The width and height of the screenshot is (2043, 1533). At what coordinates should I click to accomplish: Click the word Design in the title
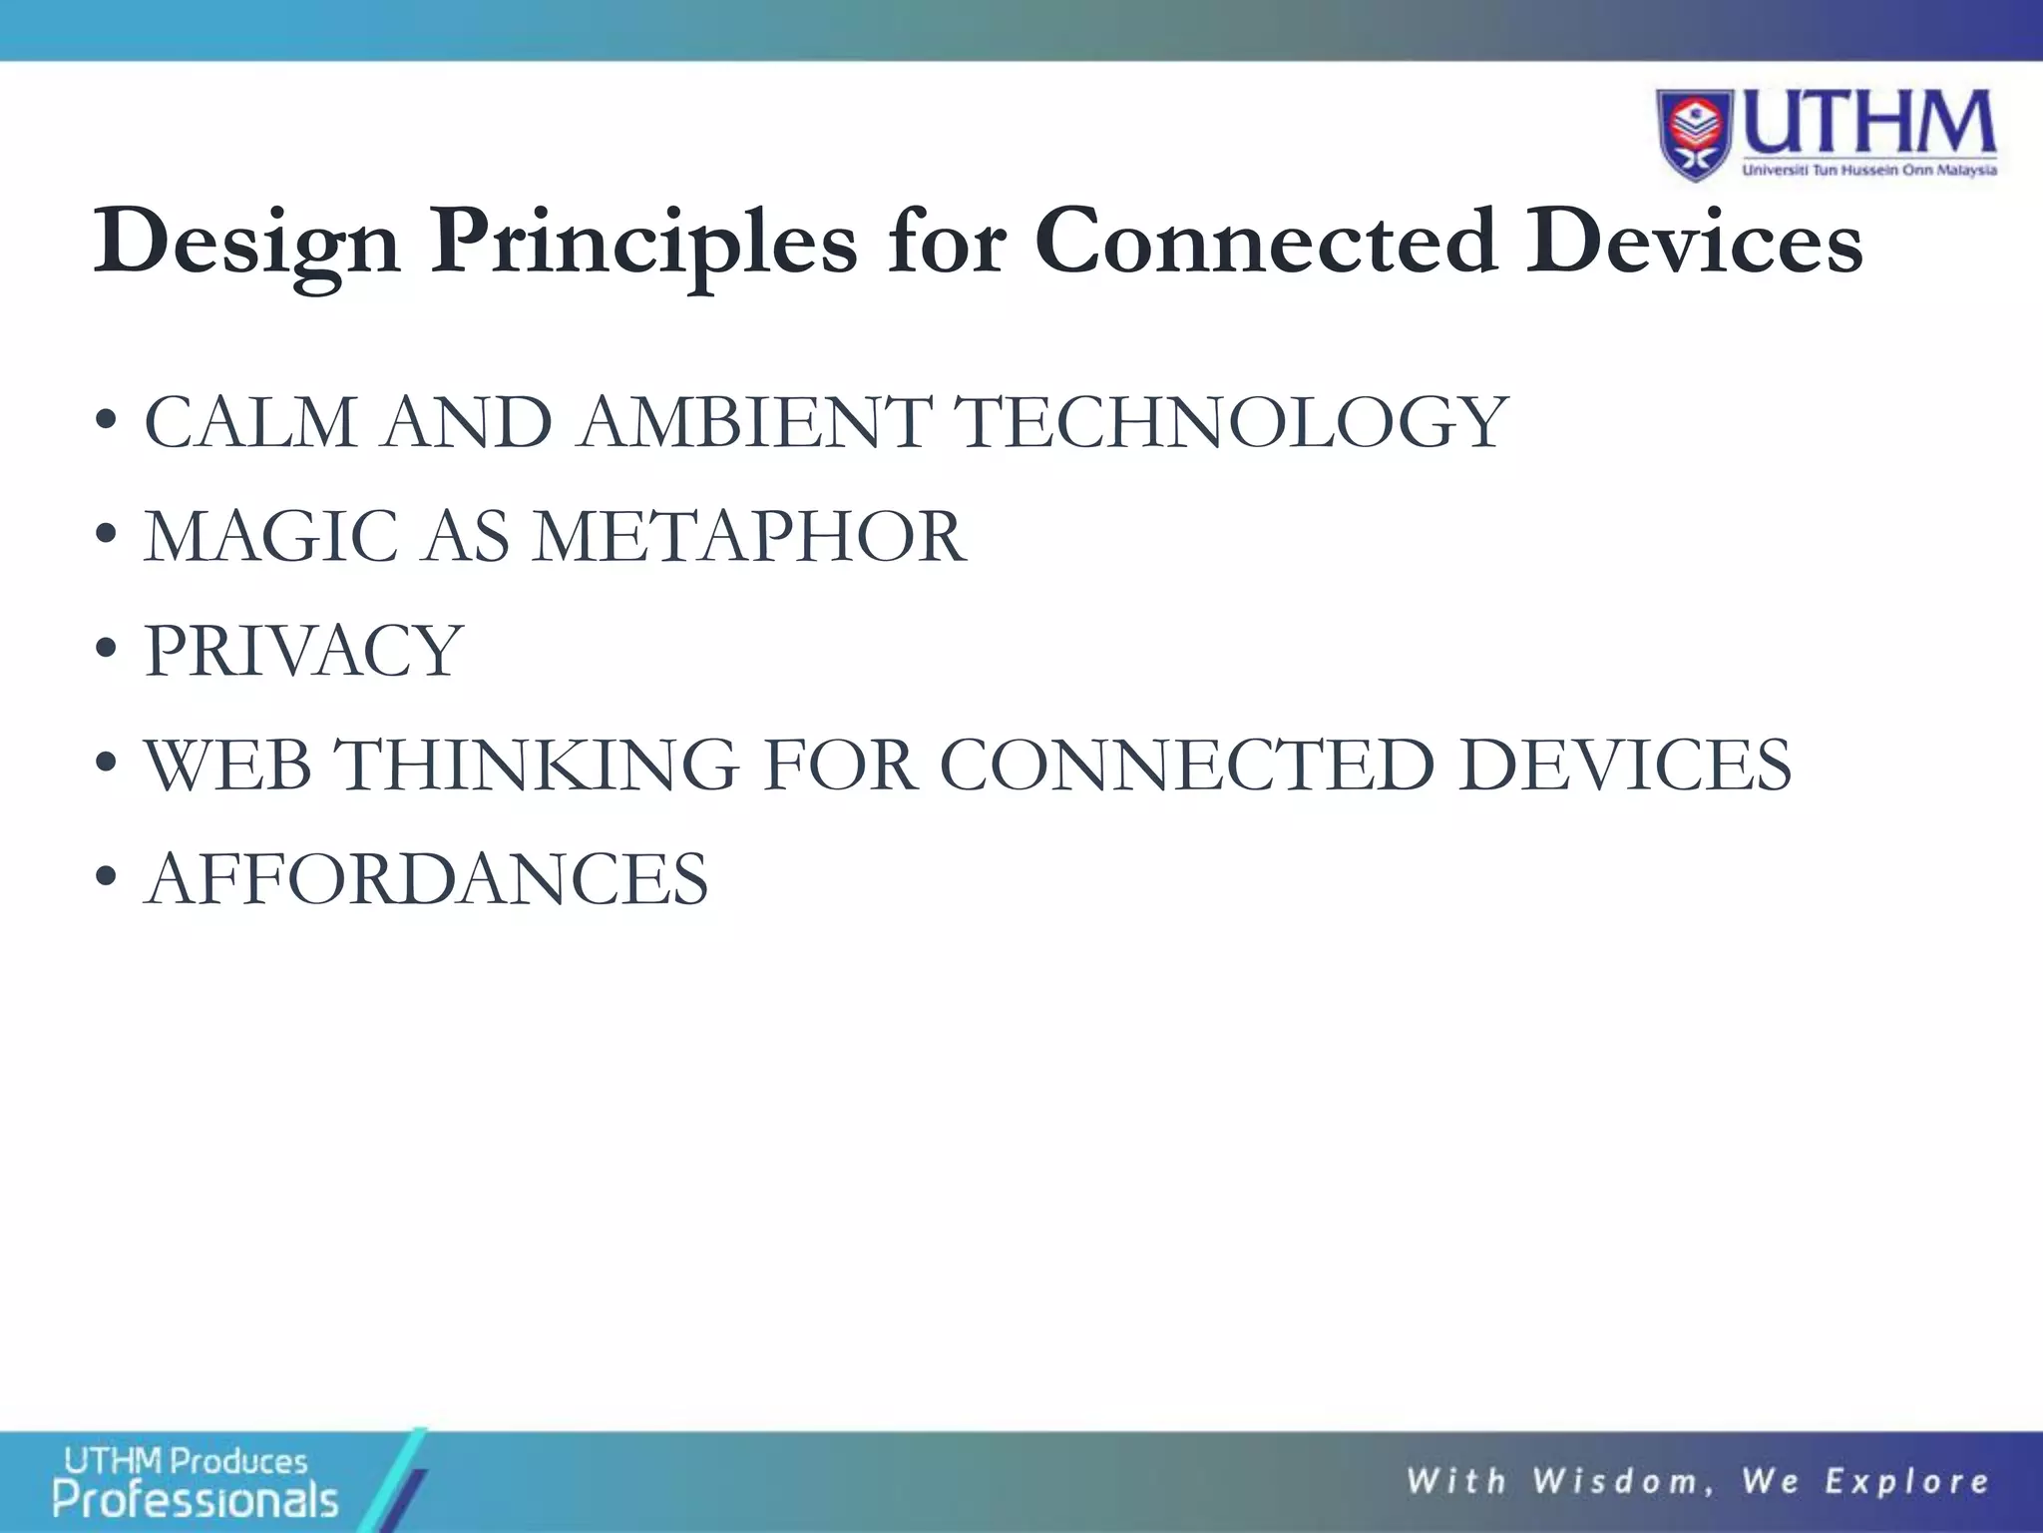(247, 243)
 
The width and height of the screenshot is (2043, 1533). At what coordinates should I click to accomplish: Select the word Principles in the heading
(643, 243)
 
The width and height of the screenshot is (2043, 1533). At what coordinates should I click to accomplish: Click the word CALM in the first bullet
(250, 422)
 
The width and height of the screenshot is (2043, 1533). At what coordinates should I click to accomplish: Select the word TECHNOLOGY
(1232, 422)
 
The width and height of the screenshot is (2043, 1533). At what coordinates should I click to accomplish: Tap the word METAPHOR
(749, 537)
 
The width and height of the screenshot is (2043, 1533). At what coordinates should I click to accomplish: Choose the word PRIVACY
(304, 651)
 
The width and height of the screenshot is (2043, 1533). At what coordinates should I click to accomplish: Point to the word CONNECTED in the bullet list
(1187, 766)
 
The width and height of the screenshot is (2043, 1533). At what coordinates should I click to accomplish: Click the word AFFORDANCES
(427, 879)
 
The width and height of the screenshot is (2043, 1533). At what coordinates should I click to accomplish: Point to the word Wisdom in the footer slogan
(1623, 1481)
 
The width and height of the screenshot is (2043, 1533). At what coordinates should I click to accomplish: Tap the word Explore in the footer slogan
(1906, 1481)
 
